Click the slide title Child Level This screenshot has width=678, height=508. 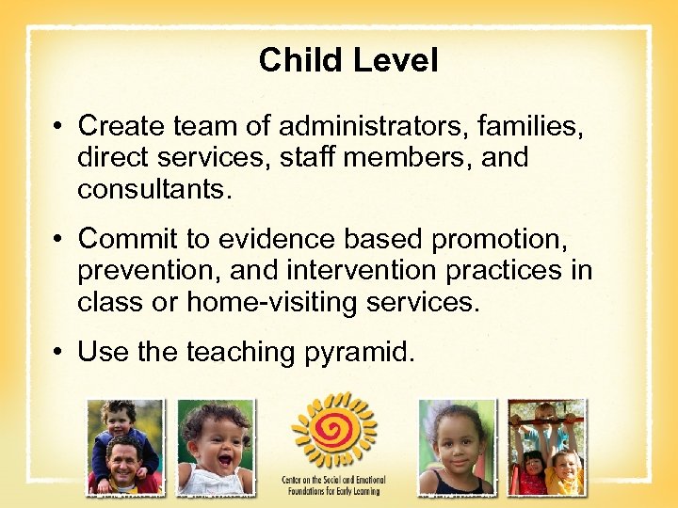[x=348, y=61]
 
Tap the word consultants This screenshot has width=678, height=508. [x=153, y=189]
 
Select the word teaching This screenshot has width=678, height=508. [x=240, y=352]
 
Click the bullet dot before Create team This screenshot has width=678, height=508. [x=59, y=126]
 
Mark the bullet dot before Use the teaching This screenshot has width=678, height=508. [x=59, y=353]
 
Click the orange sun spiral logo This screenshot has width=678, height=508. [x=333, y=429]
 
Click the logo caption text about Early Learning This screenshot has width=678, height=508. [x=333, y=484]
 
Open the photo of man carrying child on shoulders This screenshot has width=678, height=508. [x=124, y=447]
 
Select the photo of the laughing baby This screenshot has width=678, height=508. [x=216, y=447]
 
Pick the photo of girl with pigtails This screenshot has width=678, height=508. [x=456, y=447]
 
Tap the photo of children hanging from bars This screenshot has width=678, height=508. [x=546, y=447]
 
